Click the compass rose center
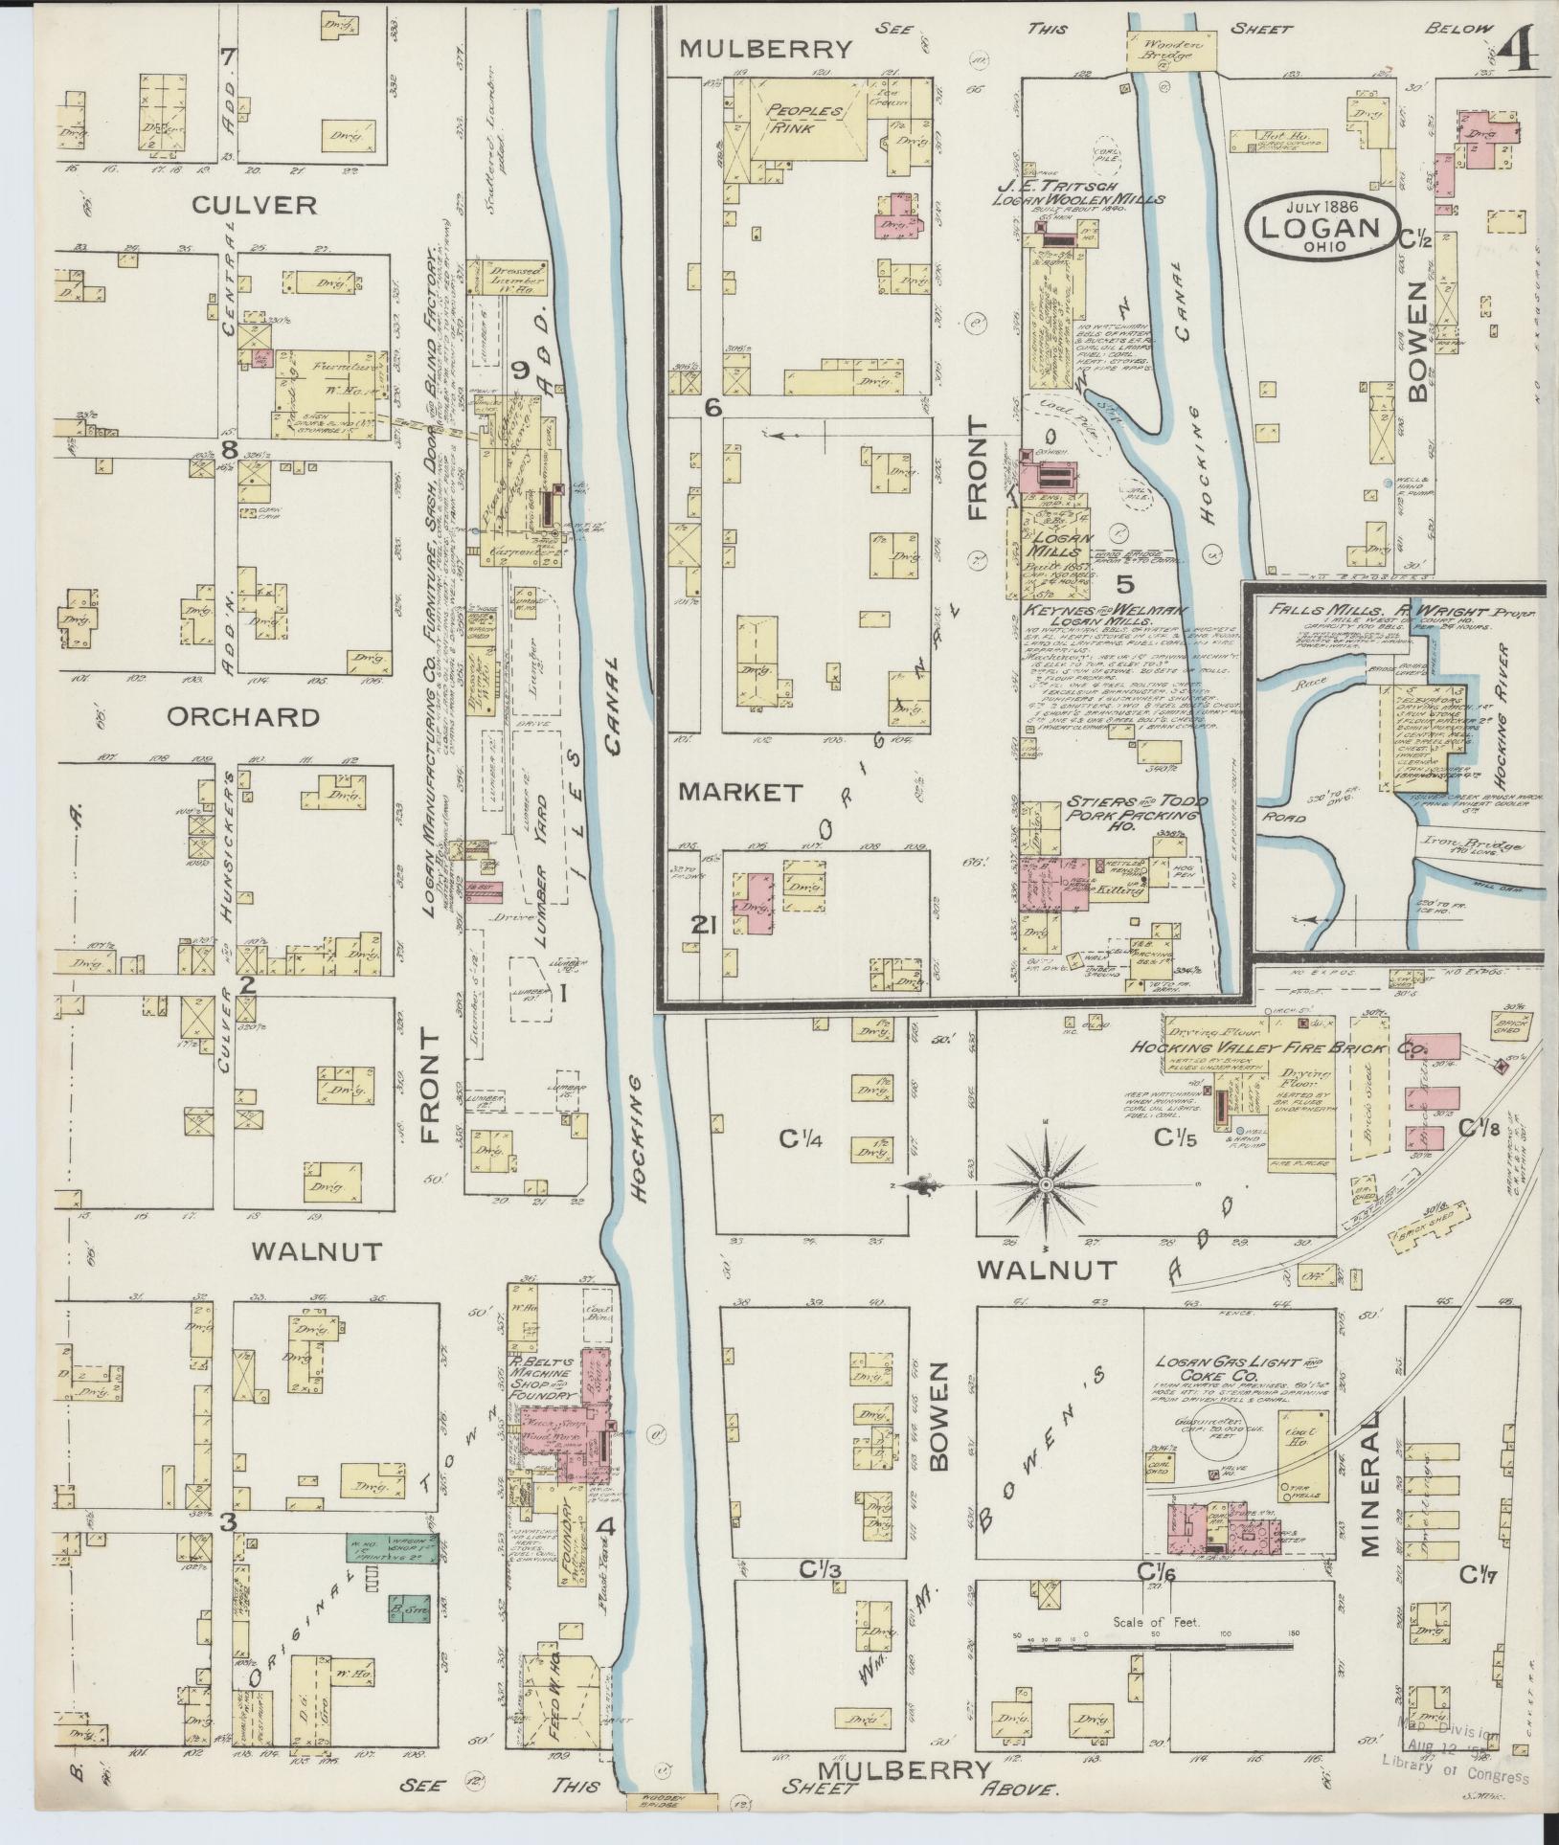pyautogui.click(x=1045, y=1185)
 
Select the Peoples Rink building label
pyautogui.click(x=803, y=119)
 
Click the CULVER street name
pyautogui.click(x=239, y=205)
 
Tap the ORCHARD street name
pyautogui.click(x=242, y=717)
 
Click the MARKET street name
pyautogui.click(x=739, y=792)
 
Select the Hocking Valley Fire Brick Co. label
pyautogui.click(x=1278, y=1048)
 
